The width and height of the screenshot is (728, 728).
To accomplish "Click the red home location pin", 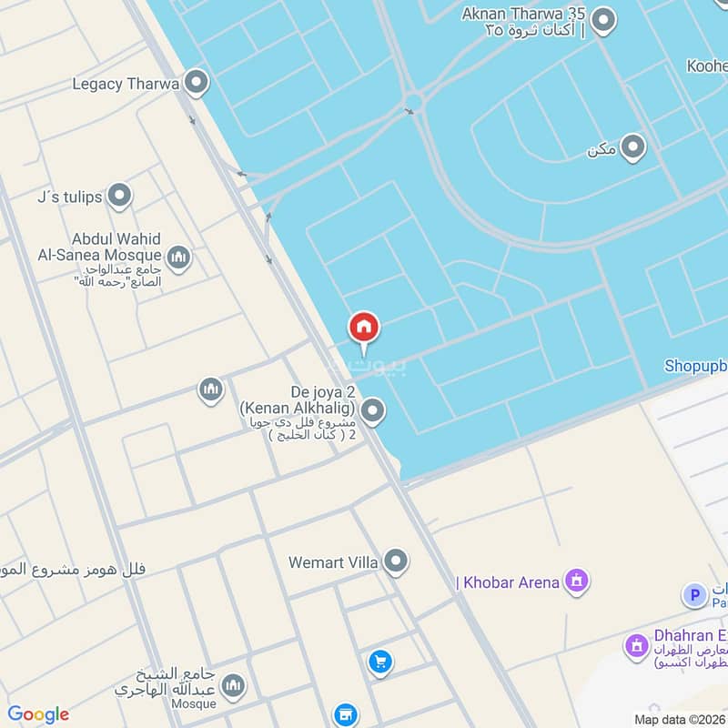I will click(x=364, y=329).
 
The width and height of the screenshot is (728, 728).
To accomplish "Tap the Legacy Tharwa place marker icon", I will click(x=195, y=85).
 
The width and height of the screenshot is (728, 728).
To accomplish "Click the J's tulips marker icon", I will click(x=118, y=196).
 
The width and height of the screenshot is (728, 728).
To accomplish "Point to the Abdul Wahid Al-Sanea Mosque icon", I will click(x=179, y=258).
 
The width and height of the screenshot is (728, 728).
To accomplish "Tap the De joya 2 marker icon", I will click(x=371, y=412).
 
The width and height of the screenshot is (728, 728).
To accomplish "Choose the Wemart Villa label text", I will click(x=333, y=562).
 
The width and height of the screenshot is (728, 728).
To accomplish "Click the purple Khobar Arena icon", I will click(x=576, y=581).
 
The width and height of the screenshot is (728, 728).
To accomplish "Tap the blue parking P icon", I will click(x=694, y=596).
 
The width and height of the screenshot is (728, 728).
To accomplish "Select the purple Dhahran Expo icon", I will click(x=636, y=647).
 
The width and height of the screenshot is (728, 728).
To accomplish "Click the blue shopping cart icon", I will click(x=380, y=662).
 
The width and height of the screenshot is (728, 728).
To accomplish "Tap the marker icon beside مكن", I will click(x=632, y=148).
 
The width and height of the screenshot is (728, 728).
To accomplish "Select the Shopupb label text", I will click(x=695, y=366).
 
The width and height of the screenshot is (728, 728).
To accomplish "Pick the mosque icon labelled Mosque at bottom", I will click(x=233, y=686).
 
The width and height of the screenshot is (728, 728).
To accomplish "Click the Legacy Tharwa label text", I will click(x=125, y=85).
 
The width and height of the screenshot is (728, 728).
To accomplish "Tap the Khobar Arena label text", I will click(x=509, y=582).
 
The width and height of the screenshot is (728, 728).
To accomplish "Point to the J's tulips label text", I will click(x=67, y=196).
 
